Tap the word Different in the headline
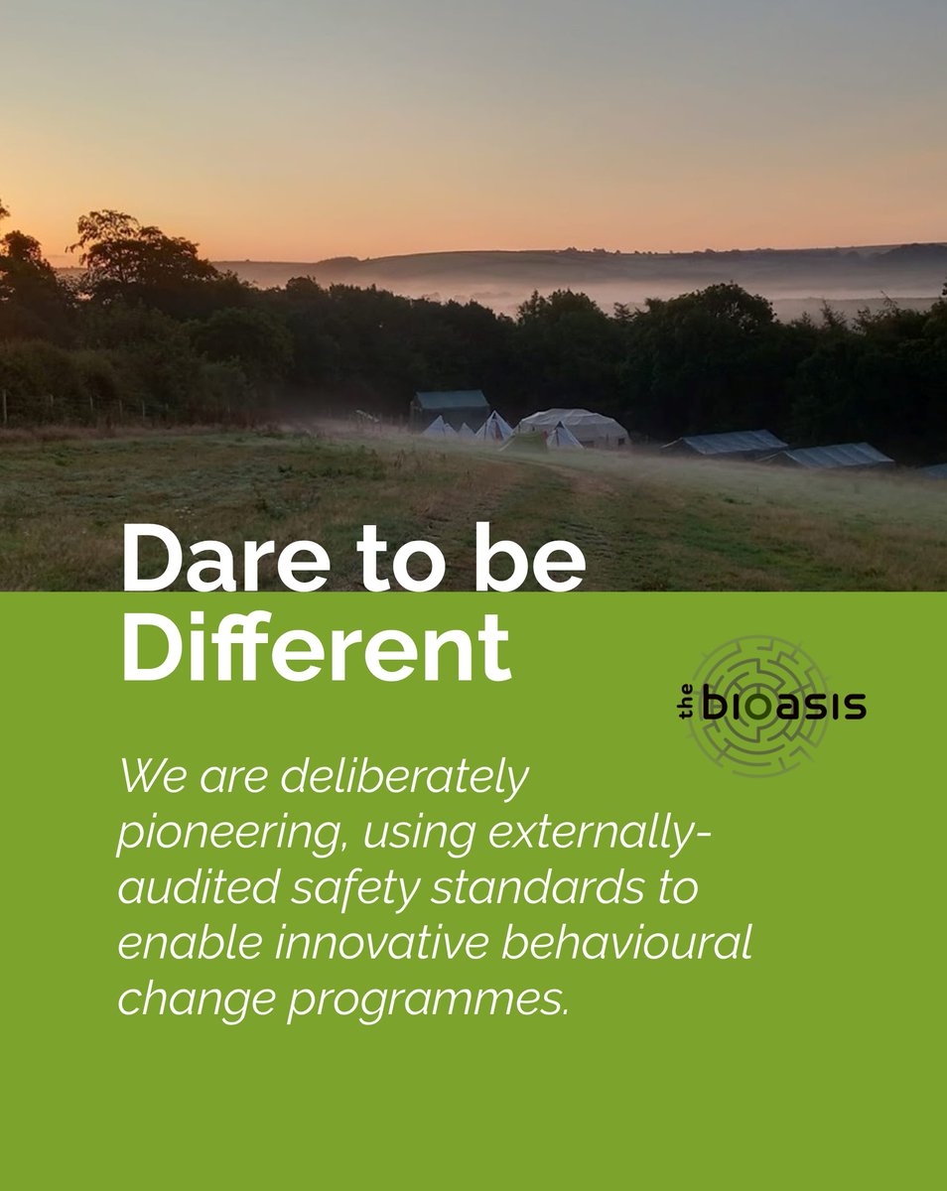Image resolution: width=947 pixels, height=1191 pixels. point(316,648)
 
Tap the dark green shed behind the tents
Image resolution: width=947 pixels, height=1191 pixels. point(452,407)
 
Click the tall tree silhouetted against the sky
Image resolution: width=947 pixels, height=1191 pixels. point(139,248)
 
